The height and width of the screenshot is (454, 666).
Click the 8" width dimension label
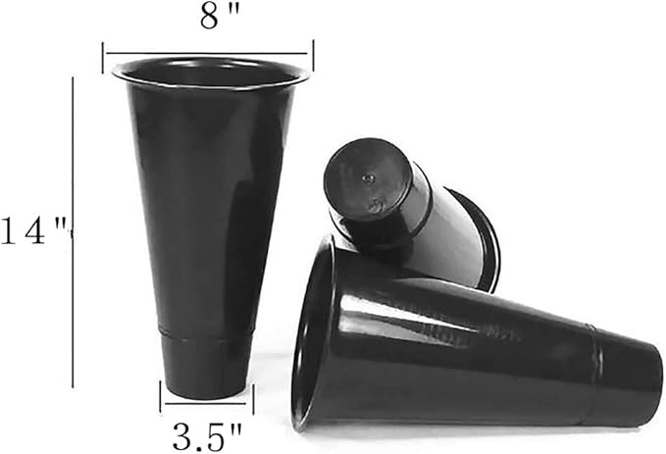[220, 17]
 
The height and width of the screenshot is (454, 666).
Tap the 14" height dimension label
[35, 230]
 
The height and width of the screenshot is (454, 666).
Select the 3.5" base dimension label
[207, 437]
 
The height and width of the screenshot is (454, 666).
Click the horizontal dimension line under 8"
[207, 54]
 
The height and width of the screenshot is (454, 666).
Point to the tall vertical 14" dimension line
[73, 232]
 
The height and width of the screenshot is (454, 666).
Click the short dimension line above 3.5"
[206, 403]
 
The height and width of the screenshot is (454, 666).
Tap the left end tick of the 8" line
[103, 57]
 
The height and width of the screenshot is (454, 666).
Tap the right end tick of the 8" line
[313, 56]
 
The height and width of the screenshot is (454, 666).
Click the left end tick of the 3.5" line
[160, 397]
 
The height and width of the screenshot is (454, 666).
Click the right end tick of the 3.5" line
[253, 399]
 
